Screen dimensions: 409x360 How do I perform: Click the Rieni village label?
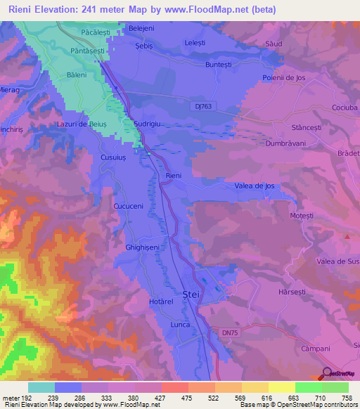tap(173, 175)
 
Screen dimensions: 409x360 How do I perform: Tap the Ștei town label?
tap(191, 295)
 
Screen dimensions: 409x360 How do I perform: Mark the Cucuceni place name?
tap(129, 207)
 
